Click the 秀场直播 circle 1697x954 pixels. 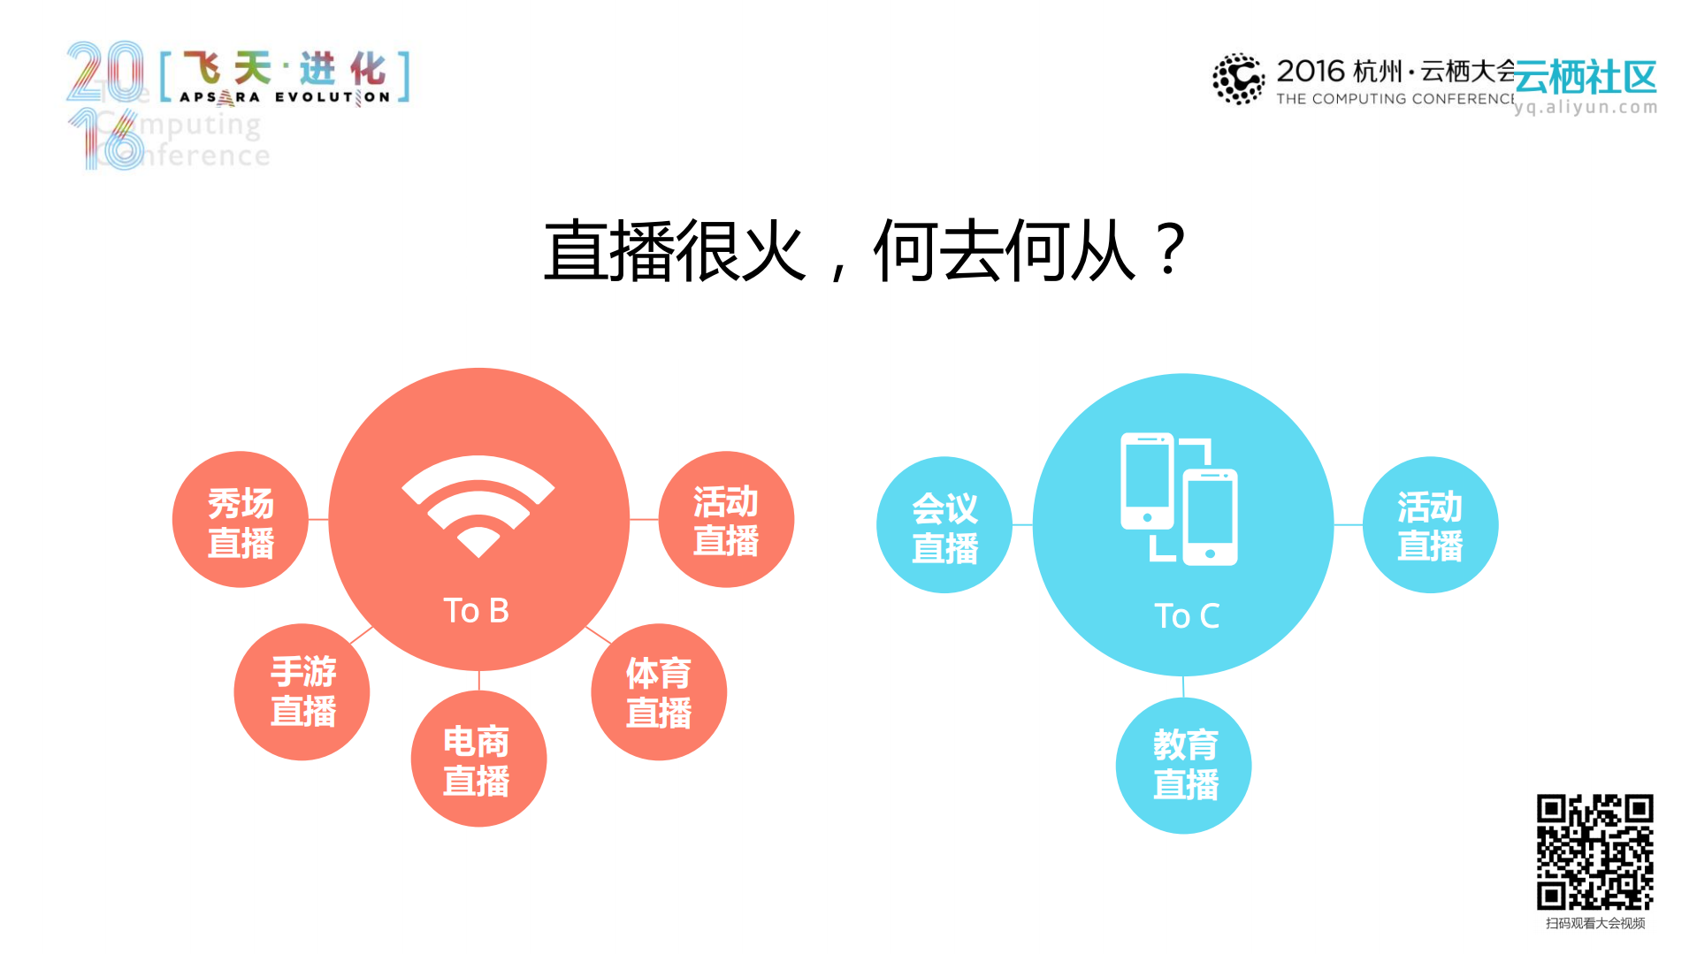coord(241,521)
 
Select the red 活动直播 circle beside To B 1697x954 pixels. coord(726,520)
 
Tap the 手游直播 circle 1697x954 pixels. coord(302,691)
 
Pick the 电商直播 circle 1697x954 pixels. coord(478,759)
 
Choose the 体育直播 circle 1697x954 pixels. coord(659,692)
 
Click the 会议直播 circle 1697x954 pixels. coord(944,525)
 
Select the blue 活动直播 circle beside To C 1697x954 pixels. coord(1430,525)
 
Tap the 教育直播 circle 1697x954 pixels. coord(1184,766)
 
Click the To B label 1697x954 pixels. coord(476,610)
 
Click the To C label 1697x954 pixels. coord(1187,615)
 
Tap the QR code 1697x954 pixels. coord(1594,851)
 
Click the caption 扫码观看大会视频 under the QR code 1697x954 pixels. coord(1594,923)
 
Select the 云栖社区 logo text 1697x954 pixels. coord(1586,78)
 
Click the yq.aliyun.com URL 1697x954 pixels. coord(1586,107)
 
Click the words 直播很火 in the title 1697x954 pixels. coord(675,251)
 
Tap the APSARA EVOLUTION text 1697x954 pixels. coord(285,97)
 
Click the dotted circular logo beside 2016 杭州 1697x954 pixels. coord(1238,79)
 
